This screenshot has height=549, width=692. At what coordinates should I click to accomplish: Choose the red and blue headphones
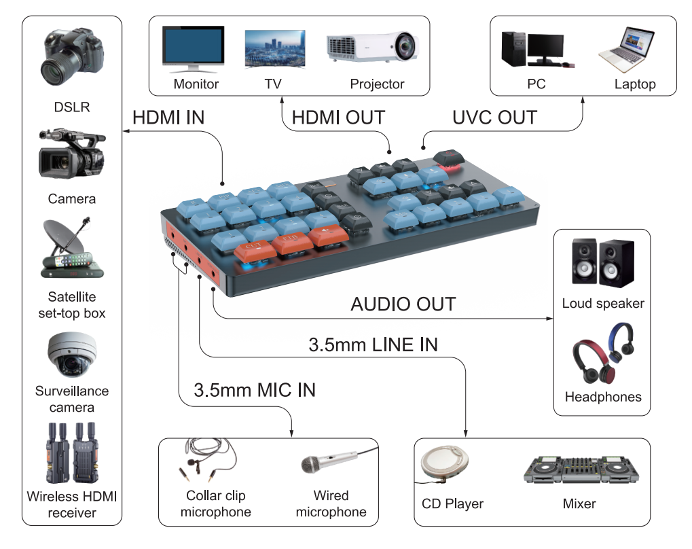(602, 353)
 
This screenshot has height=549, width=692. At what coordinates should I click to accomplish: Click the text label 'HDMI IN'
(168, 117)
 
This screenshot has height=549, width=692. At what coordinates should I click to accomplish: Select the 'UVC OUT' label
(494, 117)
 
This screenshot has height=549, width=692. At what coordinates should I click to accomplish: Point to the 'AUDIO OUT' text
(403, 304)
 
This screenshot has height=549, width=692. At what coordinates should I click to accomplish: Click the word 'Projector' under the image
(377, 84)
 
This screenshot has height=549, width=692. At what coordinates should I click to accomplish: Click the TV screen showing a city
(274, 48)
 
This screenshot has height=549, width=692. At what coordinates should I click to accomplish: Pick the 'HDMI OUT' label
(338, 117)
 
